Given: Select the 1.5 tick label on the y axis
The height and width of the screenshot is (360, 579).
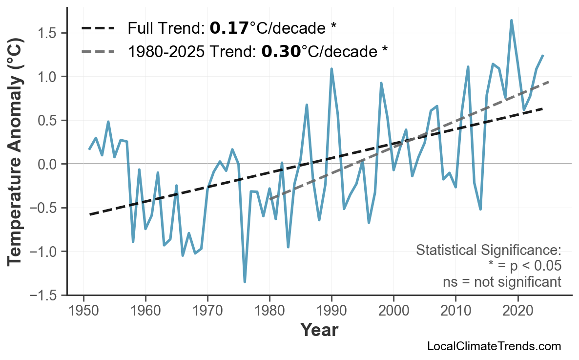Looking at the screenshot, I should [x=50, y=34].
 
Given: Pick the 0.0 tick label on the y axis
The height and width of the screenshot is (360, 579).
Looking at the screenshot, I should [x=50, y=164].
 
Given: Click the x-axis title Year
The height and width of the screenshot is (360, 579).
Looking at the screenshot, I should [x=319, y=330].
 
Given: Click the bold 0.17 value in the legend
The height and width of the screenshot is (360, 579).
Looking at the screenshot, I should [x=229, y=28].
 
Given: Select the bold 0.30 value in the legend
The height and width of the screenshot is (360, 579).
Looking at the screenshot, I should [x=281, y=51].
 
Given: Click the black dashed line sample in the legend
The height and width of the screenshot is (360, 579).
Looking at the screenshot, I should [x=98, y=28].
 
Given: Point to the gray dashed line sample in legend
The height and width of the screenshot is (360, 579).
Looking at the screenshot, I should [x=98, y=51].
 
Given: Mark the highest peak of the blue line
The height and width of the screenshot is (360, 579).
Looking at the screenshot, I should [x=511, y=21].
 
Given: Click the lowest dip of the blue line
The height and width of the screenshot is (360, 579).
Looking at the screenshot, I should [x=245, y=282].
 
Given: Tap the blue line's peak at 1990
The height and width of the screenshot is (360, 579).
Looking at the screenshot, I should [x=331, y=69].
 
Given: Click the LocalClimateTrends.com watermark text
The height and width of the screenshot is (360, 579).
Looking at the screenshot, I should [x=494, y=346].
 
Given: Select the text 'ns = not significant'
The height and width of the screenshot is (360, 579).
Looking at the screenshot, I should [x=502, y=282].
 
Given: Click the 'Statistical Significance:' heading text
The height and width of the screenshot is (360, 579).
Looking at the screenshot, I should [x=488, y=251].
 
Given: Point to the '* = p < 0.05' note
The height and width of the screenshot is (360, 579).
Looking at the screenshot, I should [x=524, y=266].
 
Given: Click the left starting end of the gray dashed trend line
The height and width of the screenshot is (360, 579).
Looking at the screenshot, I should [x=270, y=199].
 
